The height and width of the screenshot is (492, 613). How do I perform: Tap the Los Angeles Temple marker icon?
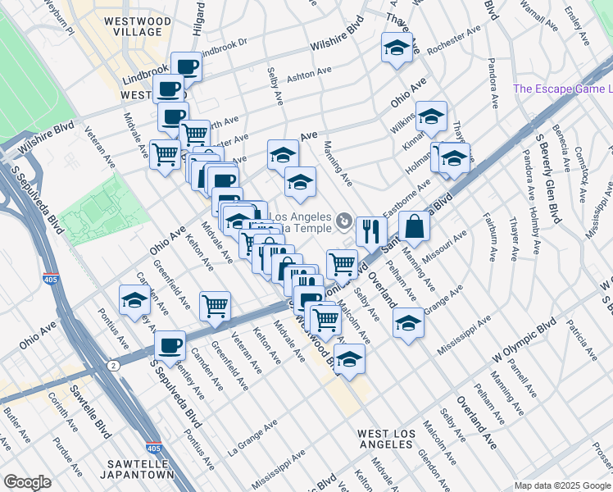coord(344,220)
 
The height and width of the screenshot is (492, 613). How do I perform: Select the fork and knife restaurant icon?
coord(371,230)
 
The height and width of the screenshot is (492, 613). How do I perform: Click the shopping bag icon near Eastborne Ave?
coord(415,225)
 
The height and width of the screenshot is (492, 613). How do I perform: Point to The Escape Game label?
coord(562,89)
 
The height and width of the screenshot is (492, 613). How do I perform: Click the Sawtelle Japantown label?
coord(138,468)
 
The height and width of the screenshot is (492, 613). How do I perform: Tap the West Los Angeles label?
coord(385,438)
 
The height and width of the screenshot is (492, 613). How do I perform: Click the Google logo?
coord(27,482)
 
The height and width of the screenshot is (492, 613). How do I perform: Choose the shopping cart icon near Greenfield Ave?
coord(215,306)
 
